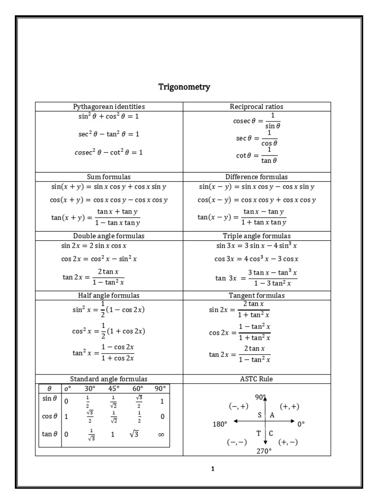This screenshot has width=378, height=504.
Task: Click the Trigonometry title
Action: coord(184,87)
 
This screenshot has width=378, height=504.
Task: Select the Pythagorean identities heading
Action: coord(109,106)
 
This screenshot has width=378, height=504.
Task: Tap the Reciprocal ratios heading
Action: coord(256,106)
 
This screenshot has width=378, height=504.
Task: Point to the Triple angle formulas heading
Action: coord(256,236)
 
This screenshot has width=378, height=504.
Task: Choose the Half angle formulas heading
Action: coord(109,295)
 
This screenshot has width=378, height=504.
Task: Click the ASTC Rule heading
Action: coord(256,379)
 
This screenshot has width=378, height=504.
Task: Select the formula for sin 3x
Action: coord(256,246)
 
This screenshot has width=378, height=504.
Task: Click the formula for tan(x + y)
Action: coord(95,217)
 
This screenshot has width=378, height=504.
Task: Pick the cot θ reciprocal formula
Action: coord(256,155)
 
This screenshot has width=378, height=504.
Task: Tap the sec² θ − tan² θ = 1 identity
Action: coord(109,134)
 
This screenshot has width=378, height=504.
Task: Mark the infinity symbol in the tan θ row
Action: coord(161,435)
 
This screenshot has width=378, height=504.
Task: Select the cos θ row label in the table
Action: coord(48,416)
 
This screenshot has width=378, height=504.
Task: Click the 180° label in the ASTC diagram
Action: coord(220,424)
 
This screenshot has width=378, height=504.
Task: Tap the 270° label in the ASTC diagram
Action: coord(264,450)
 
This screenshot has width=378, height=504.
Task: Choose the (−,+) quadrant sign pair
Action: coord(238,406)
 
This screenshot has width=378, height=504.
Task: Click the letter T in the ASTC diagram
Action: coord(258,433)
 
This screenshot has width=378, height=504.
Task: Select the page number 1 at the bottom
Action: coord(213,469)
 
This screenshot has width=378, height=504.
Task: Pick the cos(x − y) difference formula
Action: coord(256,200)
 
